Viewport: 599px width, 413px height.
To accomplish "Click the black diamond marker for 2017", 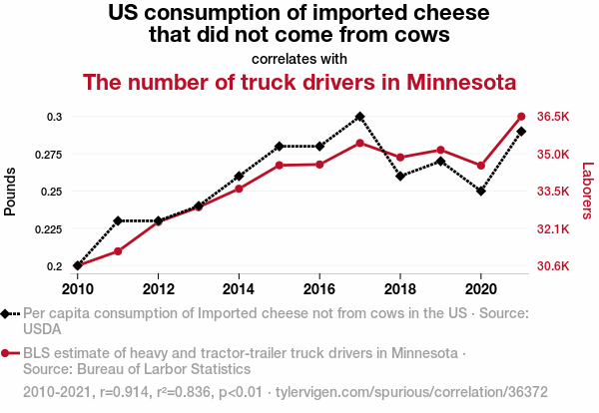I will (x=359, y=117).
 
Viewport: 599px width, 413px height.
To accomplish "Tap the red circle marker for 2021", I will (x=521, y=117).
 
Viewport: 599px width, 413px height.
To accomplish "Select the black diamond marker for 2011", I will (x=118, y=220).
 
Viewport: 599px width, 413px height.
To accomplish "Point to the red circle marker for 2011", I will (x=118, y=250).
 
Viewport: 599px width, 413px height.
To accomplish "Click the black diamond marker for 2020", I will (x=481, y=191).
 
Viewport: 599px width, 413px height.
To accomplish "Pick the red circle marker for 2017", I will (x=359, y=143).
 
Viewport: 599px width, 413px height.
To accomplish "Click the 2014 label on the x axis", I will (x=239, y=288).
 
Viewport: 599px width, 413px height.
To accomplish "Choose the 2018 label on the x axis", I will (x=400, y=288).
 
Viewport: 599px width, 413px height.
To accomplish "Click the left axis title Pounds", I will (x=11, y=191).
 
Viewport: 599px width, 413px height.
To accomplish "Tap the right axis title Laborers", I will (x=587, y=191).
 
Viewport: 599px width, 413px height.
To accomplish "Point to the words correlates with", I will (x=299, y=58).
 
